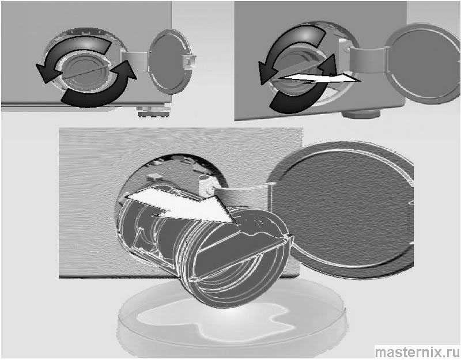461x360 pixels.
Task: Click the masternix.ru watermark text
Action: [417, 352]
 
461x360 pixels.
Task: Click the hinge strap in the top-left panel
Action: [135, 60]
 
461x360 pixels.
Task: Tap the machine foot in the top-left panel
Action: [154, 112]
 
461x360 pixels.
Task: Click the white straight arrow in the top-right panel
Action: [319, 79]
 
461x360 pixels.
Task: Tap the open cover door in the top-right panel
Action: [424, 64]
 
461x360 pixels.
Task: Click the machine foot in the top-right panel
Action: [361, 113]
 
